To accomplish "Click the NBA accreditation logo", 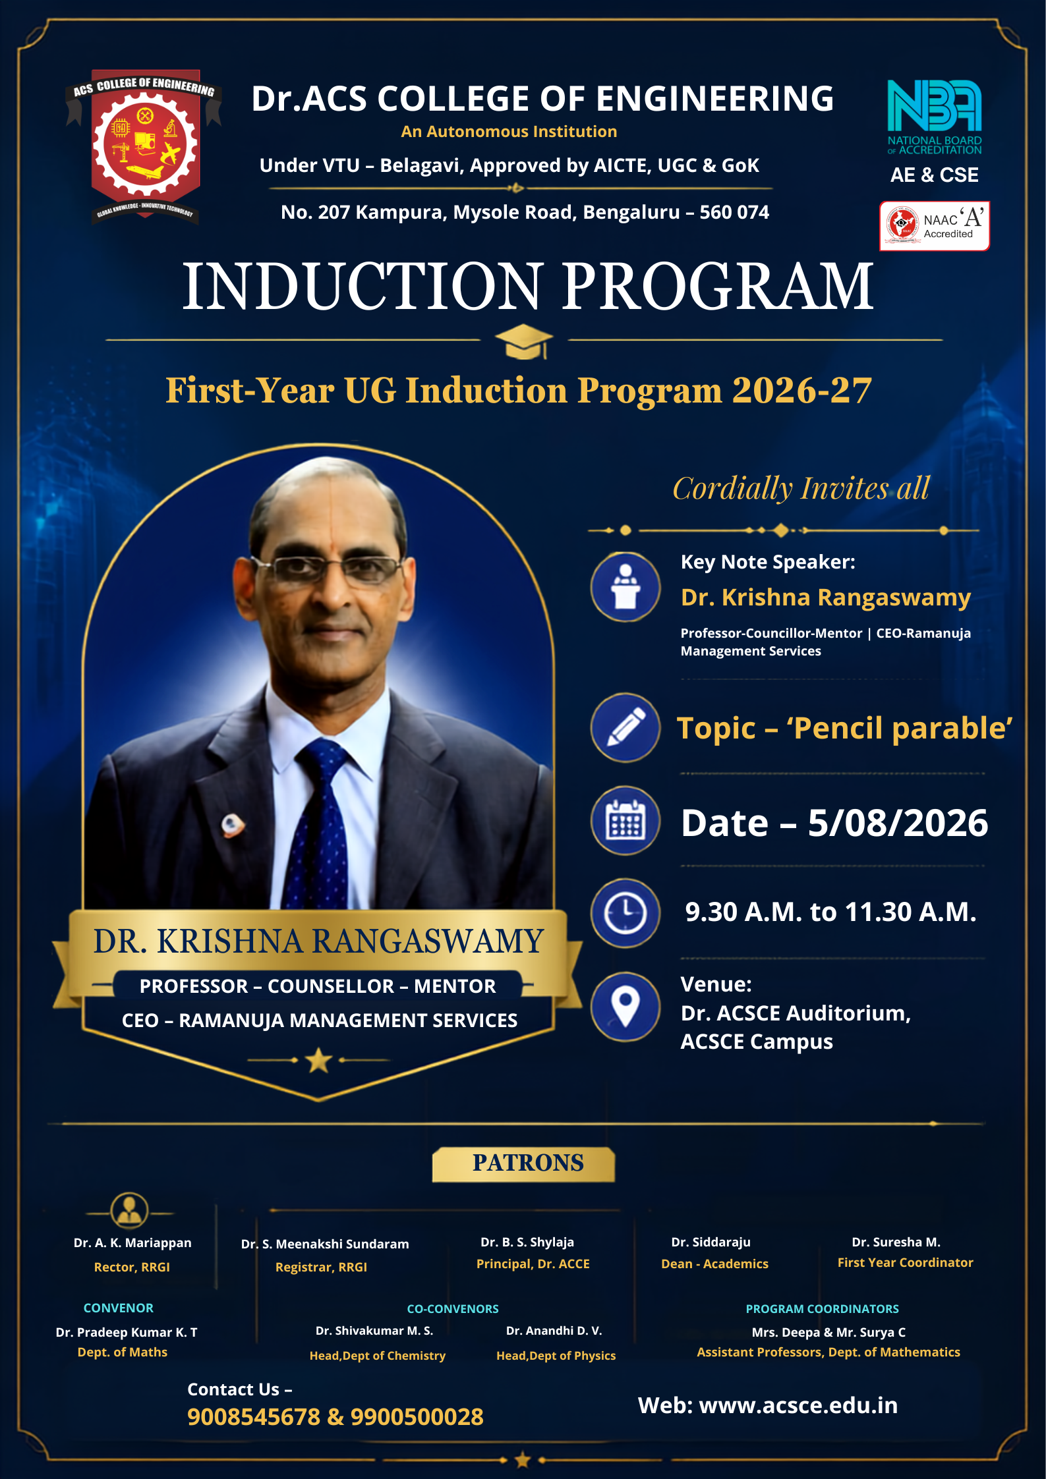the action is (934, 117).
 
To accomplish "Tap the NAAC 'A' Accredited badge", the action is (934, 225).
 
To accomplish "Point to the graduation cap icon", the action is (524, 341).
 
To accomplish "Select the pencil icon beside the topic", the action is (625, 727).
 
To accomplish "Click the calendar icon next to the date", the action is (625, 820).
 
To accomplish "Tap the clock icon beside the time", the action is (625, 913).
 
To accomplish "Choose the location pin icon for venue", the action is (625, 1007).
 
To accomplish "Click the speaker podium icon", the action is (625, 586).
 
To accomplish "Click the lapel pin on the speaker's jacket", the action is (232, 824).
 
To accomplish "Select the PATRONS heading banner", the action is (524, 1163).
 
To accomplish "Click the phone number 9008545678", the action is (254, 1416).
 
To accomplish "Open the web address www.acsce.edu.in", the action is (798, 1405).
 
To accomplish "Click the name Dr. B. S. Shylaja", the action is (527, 1242).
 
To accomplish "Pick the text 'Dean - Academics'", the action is (714, 1264).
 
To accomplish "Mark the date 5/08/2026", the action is (898, 823).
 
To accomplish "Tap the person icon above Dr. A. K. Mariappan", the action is (130, 1211).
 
